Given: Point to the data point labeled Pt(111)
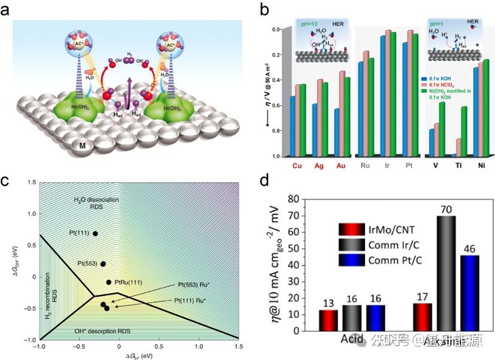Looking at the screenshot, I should click(x=95, y=233).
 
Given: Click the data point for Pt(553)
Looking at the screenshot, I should click(x=102, y=264).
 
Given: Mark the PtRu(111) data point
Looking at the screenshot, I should click(x=109, y=282).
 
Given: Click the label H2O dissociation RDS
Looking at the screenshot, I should click(x=96, y=204).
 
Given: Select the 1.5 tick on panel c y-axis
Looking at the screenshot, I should click(x=28, y=182).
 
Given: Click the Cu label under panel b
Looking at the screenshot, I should click(x=297, y=166).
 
